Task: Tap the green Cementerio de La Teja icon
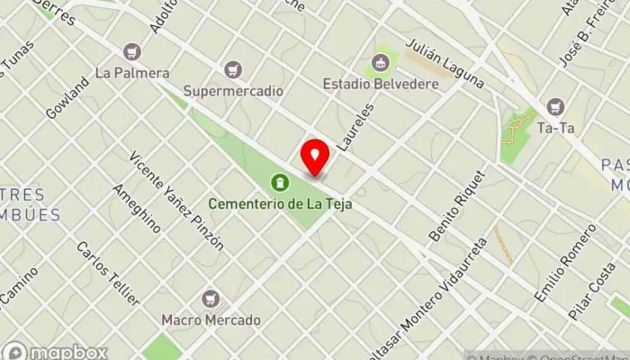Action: point(282,184)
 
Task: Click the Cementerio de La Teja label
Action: point(280,204)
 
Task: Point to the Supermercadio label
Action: point(233,91)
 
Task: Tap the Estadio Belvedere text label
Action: point(381,85)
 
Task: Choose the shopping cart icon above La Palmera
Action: point(134,52)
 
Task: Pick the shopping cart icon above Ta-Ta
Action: point(554,107)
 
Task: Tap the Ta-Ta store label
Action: point(555,128)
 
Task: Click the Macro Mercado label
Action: point(211,319)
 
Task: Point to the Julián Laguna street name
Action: point(445,63)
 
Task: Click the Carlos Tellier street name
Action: point(108,272)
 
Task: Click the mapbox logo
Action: point(56,352)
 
